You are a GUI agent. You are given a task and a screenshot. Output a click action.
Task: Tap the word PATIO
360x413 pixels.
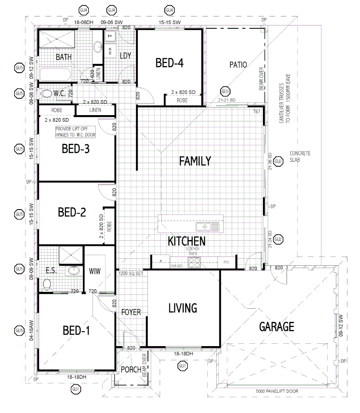coord(238,65)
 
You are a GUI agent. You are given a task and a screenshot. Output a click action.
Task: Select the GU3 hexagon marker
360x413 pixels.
coord(225,91)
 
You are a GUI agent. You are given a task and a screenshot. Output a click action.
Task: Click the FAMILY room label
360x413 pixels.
coord(195,161)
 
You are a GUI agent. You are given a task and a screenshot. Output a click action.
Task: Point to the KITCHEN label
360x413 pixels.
coord(187,241)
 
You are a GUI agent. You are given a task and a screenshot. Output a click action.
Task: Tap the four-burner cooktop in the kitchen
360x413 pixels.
coord(195,263)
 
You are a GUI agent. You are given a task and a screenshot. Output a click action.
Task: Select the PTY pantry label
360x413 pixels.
coord(225,263)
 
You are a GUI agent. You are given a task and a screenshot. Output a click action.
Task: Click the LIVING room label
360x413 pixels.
coord(183,308)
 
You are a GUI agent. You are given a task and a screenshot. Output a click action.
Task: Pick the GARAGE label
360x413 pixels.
coord(277,327)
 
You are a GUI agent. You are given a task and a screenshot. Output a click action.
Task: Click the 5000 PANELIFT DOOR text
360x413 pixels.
coord(277,391)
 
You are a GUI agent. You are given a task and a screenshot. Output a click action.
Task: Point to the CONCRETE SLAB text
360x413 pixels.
coord(300,157)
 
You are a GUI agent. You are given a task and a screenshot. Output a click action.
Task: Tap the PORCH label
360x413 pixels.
coord(131,369)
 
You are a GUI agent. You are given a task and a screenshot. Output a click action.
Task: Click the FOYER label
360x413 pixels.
coord(131,312)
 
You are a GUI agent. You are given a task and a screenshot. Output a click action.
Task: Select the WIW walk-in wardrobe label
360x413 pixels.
coord(95,272)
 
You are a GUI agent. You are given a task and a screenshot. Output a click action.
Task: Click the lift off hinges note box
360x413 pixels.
coord(75,132)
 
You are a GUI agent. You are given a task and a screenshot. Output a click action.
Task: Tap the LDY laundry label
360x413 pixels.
coord(125,56)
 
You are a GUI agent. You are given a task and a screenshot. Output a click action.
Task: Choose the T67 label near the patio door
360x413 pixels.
coord(256,111)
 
